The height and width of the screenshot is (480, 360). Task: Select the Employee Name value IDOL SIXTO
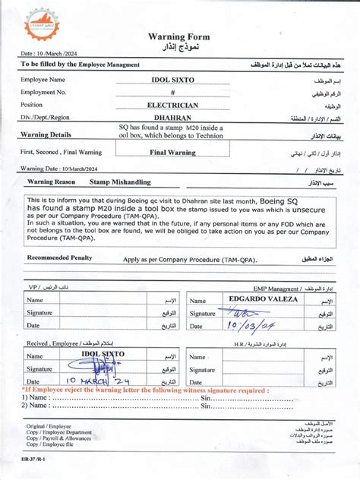[173, 79]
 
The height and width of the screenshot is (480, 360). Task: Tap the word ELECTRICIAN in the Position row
[172, 105]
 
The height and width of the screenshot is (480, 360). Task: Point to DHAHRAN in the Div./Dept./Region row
[172, 118]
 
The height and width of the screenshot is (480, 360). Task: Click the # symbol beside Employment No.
[172, 92]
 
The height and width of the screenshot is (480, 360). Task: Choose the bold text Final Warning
[172, 152]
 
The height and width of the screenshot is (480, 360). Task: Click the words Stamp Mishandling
[120, 182]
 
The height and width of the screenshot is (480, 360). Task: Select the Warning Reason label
[52, 182]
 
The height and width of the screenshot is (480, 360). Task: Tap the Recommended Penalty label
[59, 257]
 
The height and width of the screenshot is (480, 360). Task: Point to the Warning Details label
[46, 134]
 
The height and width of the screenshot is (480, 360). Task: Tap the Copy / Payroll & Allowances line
[58, 437]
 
